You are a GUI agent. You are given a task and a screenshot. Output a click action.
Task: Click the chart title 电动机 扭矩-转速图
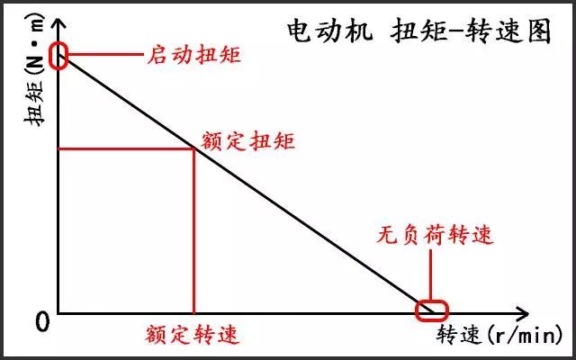[x=418, y=31]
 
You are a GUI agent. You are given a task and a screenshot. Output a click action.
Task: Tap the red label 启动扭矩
[x=194, y=55]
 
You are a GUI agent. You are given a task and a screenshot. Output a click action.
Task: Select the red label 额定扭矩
[x=248, y=140]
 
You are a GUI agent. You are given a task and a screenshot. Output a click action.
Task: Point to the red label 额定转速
[x=192, y=334]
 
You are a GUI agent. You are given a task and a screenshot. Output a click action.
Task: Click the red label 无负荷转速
[x=434, y=234]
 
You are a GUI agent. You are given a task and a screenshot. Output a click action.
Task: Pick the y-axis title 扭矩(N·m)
[x=34, y=70]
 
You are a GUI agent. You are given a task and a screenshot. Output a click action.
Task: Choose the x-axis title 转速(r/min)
[x=499, y=334]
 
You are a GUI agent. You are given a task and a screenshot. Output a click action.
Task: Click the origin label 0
[x=42, y=322]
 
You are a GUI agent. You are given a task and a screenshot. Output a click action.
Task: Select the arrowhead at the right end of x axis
[x=521, y=314]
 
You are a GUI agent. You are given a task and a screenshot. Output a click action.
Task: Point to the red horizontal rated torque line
[x=126, y=148]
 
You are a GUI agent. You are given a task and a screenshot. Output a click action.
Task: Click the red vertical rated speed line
[x=193, y=230]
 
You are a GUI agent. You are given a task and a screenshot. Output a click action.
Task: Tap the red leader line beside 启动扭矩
[x=105, y=54]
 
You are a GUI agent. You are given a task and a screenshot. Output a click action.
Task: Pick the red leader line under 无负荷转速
[x=430, y=275]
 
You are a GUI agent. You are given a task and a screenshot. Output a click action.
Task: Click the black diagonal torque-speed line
[x=245, y=184]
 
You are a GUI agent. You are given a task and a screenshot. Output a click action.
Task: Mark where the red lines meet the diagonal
[x=193, y=148]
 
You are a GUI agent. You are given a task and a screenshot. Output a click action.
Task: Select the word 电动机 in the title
[x=329, y=31]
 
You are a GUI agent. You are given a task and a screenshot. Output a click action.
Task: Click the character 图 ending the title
[x=539, y=31]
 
